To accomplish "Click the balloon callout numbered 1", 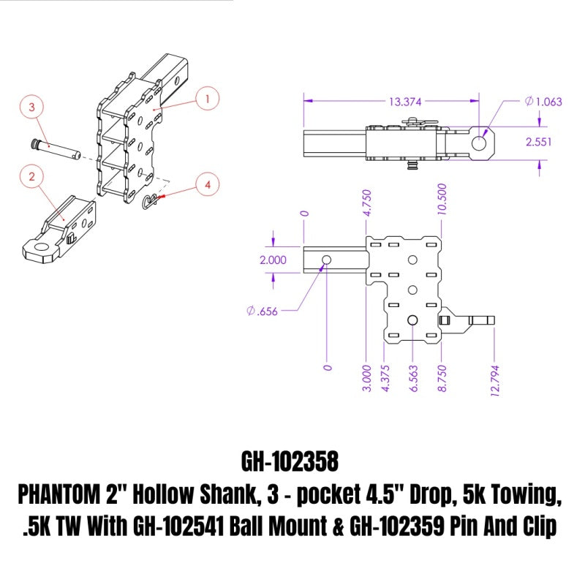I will [208, 97].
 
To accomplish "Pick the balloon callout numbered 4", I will [208, 186].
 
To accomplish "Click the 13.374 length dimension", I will [388, 100].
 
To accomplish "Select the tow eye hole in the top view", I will [479, 143].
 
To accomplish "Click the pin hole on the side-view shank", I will [325, 260].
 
